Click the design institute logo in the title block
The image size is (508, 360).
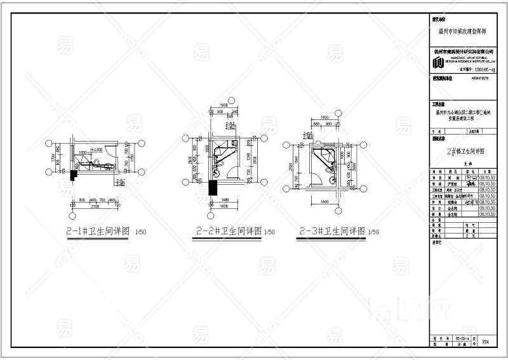tap(438, 62)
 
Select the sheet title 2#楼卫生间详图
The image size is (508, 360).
tap(466, 152)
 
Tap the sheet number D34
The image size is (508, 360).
tap(486, 342)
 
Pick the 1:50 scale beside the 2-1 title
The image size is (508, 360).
tap(140, 233)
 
